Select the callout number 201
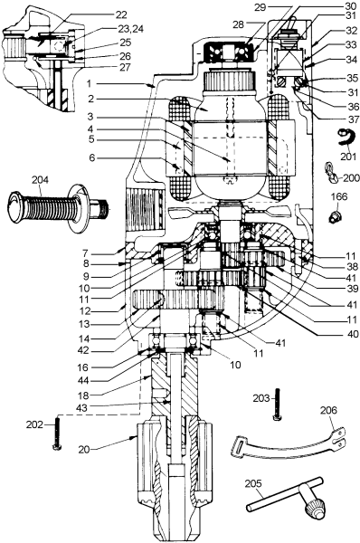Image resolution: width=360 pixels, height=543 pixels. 349,157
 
